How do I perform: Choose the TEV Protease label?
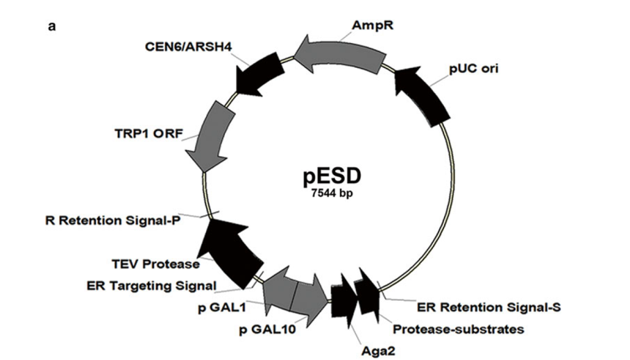(156, 264)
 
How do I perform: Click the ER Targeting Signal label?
(152, 285)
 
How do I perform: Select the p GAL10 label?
(268, 329)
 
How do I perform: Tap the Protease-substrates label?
(458, 329)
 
